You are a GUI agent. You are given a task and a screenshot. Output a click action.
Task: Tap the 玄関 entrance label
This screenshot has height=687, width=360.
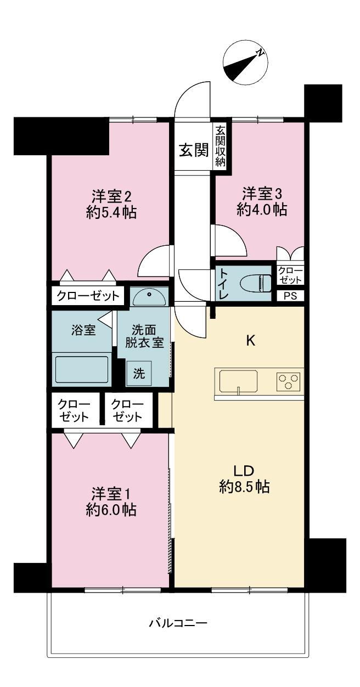[194, 150]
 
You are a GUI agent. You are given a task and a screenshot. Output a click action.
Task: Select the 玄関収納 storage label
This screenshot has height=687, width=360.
[220, 147]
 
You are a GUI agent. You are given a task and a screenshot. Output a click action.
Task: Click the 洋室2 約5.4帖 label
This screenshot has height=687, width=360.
[111, 204]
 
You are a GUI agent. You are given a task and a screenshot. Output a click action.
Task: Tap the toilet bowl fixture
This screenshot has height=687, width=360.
[256, 283]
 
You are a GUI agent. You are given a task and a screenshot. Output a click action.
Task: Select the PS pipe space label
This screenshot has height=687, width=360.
[290, 296]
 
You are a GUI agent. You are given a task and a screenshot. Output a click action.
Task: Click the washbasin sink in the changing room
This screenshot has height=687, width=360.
[149, 296]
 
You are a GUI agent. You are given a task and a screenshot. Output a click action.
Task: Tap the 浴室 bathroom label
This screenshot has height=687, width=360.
[83, 330]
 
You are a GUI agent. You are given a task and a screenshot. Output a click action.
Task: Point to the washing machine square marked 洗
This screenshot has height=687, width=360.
[139, 373]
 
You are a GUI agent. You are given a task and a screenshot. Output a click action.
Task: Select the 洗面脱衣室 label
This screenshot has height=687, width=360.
[144, 336]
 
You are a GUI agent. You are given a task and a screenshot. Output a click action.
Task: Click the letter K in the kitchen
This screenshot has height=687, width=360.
[251, 341]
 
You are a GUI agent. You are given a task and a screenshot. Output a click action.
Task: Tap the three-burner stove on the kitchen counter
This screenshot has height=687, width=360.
[288, 381]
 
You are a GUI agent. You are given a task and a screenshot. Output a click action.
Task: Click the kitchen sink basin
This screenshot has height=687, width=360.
[238, 381]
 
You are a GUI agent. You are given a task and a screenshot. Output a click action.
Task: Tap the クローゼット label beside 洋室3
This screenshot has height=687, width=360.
[290, 275]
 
